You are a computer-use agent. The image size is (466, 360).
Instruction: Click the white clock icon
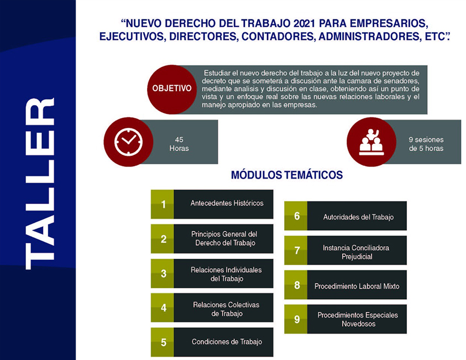pos(128,142)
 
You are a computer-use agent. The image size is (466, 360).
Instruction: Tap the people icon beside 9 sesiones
pos(371,142)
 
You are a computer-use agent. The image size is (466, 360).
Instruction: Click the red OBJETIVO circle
pos(172,90)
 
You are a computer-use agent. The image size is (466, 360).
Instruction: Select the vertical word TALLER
pos(40,184)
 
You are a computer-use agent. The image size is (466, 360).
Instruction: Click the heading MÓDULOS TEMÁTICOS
pos(287,175)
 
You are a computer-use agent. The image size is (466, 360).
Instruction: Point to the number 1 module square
pos(163,204)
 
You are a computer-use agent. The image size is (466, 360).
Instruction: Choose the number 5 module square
pos(163,342)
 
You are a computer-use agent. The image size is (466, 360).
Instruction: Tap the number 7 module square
pos(296,251)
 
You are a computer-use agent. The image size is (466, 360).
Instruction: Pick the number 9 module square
pos(296,319)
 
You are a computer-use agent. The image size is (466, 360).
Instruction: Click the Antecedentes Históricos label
pos(227,203)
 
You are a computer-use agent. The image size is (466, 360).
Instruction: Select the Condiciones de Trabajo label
pos(227,342)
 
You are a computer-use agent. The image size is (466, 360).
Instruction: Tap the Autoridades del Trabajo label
pos(358,217)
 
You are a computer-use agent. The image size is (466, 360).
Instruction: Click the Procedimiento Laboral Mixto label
pos(357,286)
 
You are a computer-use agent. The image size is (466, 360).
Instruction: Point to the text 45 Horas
pos(179,144)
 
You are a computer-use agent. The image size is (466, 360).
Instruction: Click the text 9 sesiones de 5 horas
pos(426,144)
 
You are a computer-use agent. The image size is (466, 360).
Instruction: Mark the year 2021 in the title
pos(304,23)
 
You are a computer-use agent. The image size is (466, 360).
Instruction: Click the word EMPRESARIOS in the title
pos(389,23)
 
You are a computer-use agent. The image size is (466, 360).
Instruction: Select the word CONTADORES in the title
pos(279,36)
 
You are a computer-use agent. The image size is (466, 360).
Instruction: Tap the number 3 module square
pos(163,274)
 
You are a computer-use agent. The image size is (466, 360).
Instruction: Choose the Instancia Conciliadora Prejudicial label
pos(356,252)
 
